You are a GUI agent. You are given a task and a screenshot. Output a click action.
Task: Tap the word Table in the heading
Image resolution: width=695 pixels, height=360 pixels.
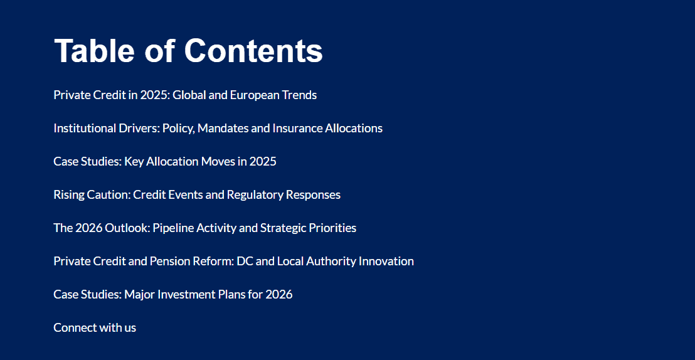coord(93,51)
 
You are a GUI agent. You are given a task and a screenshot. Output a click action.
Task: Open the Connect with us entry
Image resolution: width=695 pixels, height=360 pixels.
coord(95,327)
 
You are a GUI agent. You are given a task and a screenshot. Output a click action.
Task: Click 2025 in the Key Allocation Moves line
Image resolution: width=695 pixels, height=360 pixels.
coord(263,162)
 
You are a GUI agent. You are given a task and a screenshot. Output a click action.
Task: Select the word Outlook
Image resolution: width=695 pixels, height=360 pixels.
coord(127,228)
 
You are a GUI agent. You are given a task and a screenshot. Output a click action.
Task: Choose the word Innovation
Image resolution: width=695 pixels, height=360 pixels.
coord(386,262)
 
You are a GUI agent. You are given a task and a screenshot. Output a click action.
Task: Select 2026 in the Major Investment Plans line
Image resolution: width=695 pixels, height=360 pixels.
coord(279,295)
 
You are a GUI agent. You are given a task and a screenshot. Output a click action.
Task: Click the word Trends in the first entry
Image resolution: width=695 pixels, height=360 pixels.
coord(299,95)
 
